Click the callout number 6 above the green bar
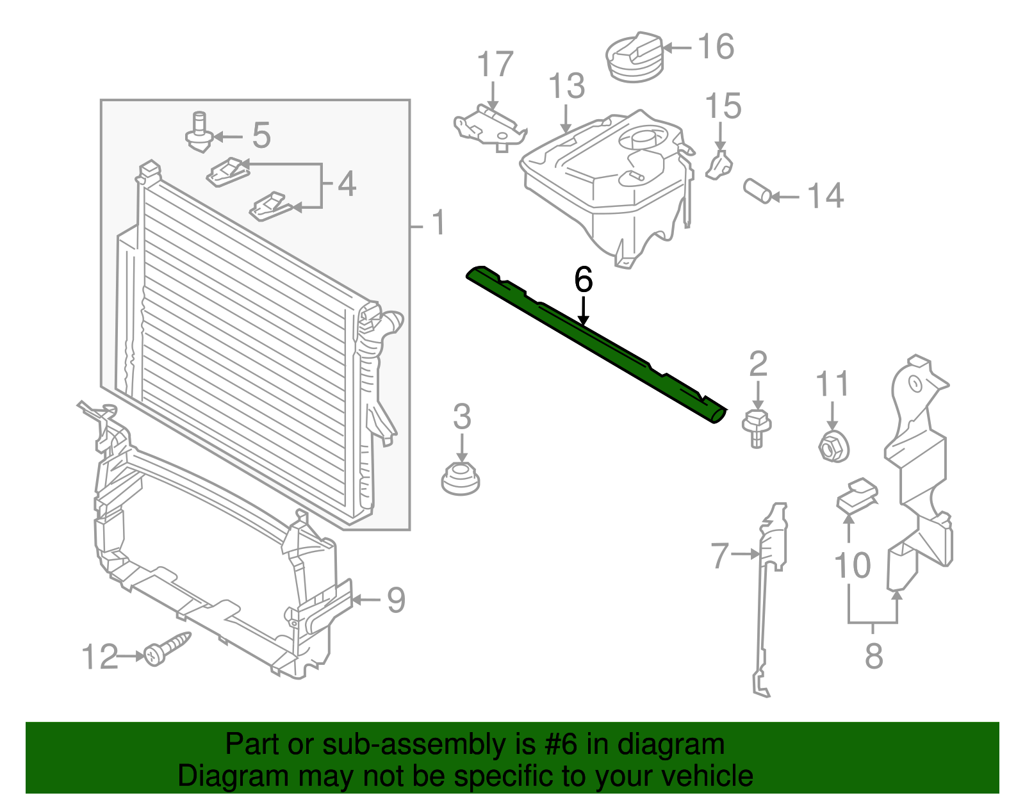tap(583, 281)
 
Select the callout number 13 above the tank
tap(567, 86)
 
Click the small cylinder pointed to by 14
tap(757, 191)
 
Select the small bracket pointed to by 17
tap(489, 126)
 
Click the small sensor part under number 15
tap(719, 166)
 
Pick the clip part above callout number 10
tap(857, 495)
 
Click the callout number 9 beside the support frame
tap(396, 600)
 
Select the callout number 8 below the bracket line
tap(874, 656)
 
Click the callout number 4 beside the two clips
tap(347, 184)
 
